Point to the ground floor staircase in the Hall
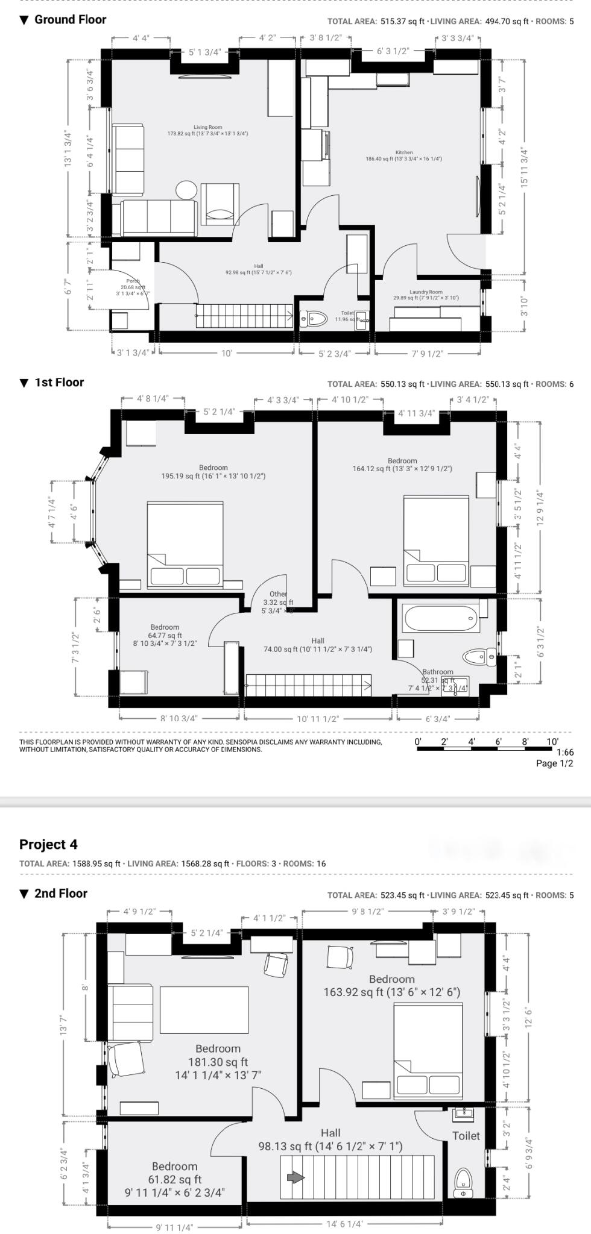pos(244,316)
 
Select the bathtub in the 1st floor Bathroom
pos(441,618)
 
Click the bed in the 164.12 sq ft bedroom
pos(435,540)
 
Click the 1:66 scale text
pos(564,752)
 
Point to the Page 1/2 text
pos(554,763)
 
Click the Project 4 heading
pos(48,844)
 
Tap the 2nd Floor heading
pos(60,894)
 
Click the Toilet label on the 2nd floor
pos(466,1136)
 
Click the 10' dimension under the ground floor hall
pos(226,354)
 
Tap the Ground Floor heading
pos(70,19)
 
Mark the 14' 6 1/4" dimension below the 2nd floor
pos(344,1224)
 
